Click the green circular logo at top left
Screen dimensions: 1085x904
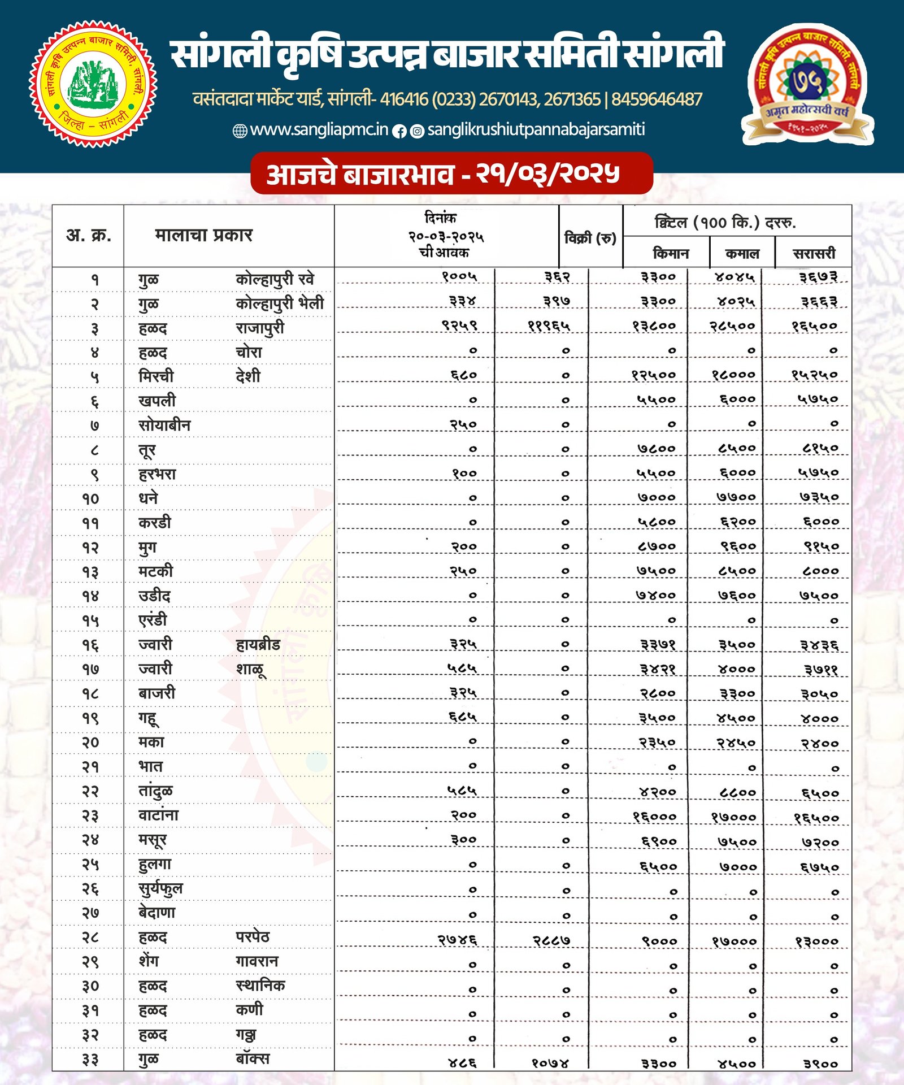93,84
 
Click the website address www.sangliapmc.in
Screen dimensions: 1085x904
319,130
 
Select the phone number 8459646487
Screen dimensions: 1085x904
656,100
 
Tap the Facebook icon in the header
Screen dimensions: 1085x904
399,131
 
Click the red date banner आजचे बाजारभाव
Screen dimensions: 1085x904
451,173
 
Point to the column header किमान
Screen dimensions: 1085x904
671,253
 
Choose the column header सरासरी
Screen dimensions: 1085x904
814,253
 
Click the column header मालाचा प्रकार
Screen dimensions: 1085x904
203,235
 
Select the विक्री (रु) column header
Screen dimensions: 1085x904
590,238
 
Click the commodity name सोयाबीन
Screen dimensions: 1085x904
164,425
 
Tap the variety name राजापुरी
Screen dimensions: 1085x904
260,328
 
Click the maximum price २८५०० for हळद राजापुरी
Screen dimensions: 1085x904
732,326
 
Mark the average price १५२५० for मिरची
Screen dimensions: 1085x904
814,375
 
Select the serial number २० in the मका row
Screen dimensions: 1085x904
90,742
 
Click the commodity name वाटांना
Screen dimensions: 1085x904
158,815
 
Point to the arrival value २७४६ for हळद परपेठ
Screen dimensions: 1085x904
458,940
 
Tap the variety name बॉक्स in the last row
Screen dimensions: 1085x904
253,1058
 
